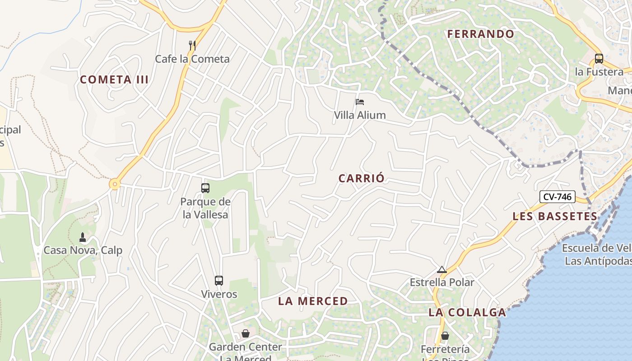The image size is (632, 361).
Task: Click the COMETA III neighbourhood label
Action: click(114, 80)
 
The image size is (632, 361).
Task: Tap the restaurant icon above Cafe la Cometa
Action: click(192, 45)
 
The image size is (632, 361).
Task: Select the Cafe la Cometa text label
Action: click(192, 59)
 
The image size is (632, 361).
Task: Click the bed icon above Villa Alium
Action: click(360, 102)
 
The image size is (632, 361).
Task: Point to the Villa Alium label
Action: click(360, 115)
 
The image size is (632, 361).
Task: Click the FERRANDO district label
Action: click(480, 34)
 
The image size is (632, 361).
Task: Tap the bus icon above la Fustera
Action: click(599, 59)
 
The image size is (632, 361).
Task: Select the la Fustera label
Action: click(599, 72)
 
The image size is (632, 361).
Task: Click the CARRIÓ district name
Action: click(362, 178)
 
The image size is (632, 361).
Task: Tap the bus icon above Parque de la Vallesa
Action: click(205, 188)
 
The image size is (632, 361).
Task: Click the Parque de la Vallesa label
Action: click(205, 208)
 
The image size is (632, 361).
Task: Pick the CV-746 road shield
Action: click(557, 197)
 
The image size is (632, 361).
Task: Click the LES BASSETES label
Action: click(555, 217)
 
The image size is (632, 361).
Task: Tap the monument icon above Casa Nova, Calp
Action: click(83, 237)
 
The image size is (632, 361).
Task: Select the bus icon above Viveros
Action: click(219, 281)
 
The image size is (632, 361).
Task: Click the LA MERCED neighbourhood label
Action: click(313, 301)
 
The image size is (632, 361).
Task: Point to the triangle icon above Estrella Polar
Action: click(442, 270)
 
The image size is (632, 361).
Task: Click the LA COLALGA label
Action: click(467, 312)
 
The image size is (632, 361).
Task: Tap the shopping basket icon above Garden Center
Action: click(246, 333)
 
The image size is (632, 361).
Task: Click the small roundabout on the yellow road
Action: click(115, 184)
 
